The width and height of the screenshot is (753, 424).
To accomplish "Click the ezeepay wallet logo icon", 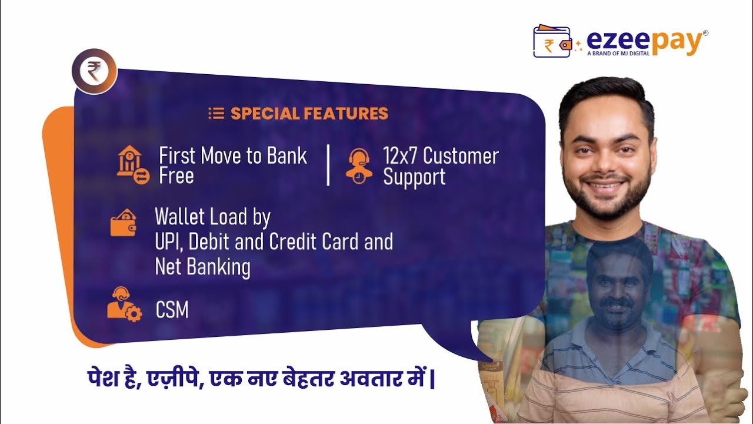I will point(552,41).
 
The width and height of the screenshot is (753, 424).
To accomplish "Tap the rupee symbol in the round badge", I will point(94,72).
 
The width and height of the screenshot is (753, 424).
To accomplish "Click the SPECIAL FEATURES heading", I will point(309,114).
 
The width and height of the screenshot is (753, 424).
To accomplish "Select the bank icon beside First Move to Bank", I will point(132,165).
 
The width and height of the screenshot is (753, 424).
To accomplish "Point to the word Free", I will point(176,176).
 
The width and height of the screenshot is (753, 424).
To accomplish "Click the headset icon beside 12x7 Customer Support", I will point(358,166).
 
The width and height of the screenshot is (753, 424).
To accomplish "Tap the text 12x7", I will point(400,156).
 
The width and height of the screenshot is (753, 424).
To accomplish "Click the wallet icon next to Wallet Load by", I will point(124,223).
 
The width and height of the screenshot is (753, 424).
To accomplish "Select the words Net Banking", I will point(202,267).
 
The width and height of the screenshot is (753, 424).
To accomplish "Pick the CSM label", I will point(172,310).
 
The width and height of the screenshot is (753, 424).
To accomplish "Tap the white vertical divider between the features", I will point(328,165).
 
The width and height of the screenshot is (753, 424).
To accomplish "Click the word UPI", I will point(167,242).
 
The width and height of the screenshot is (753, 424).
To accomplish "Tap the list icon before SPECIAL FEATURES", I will point(216,114).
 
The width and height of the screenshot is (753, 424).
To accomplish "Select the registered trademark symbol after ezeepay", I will point(705,34).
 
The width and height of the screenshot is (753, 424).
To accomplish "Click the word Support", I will point(414,177).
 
